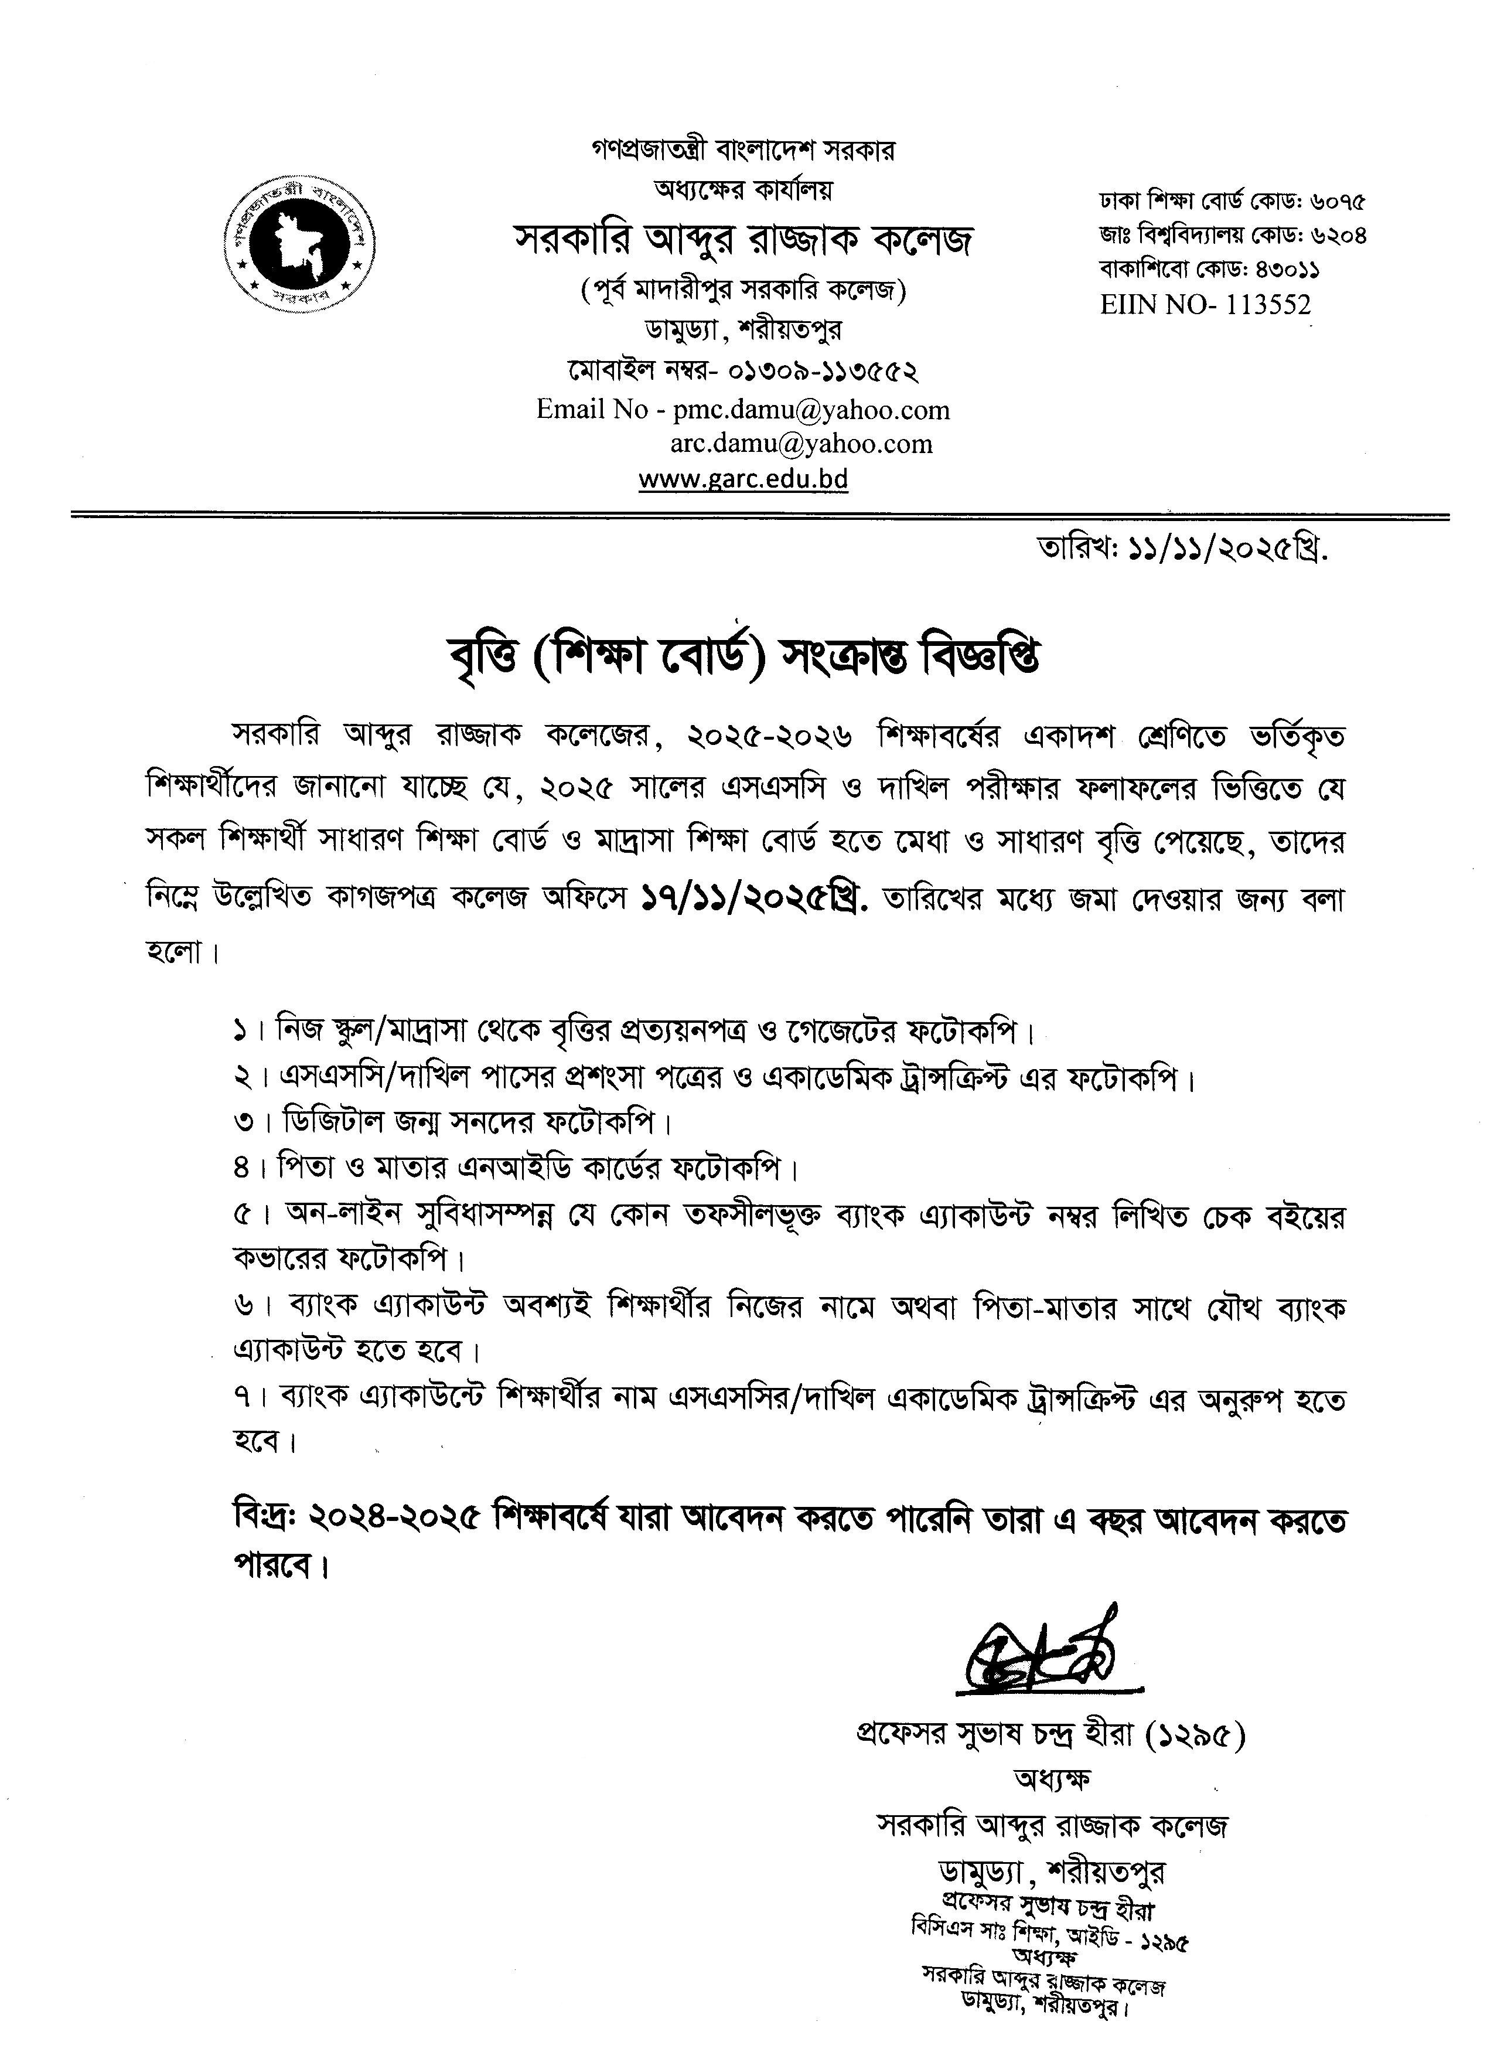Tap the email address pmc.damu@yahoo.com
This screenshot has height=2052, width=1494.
pos(811,410)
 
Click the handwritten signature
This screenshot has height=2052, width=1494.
pos(1040,1654)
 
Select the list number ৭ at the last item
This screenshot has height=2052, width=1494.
pos(241,1398)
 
